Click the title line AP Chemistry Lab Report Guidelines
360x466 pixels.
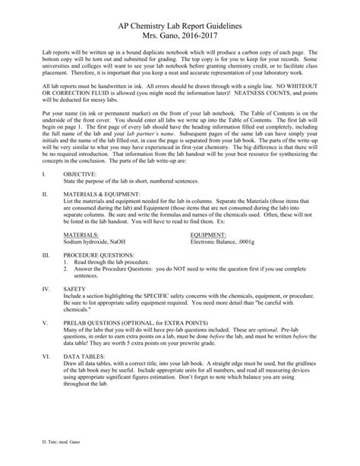(x=180, y=24)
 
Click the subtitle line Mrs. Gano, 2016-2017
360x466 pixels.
(x=180, y=35)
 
